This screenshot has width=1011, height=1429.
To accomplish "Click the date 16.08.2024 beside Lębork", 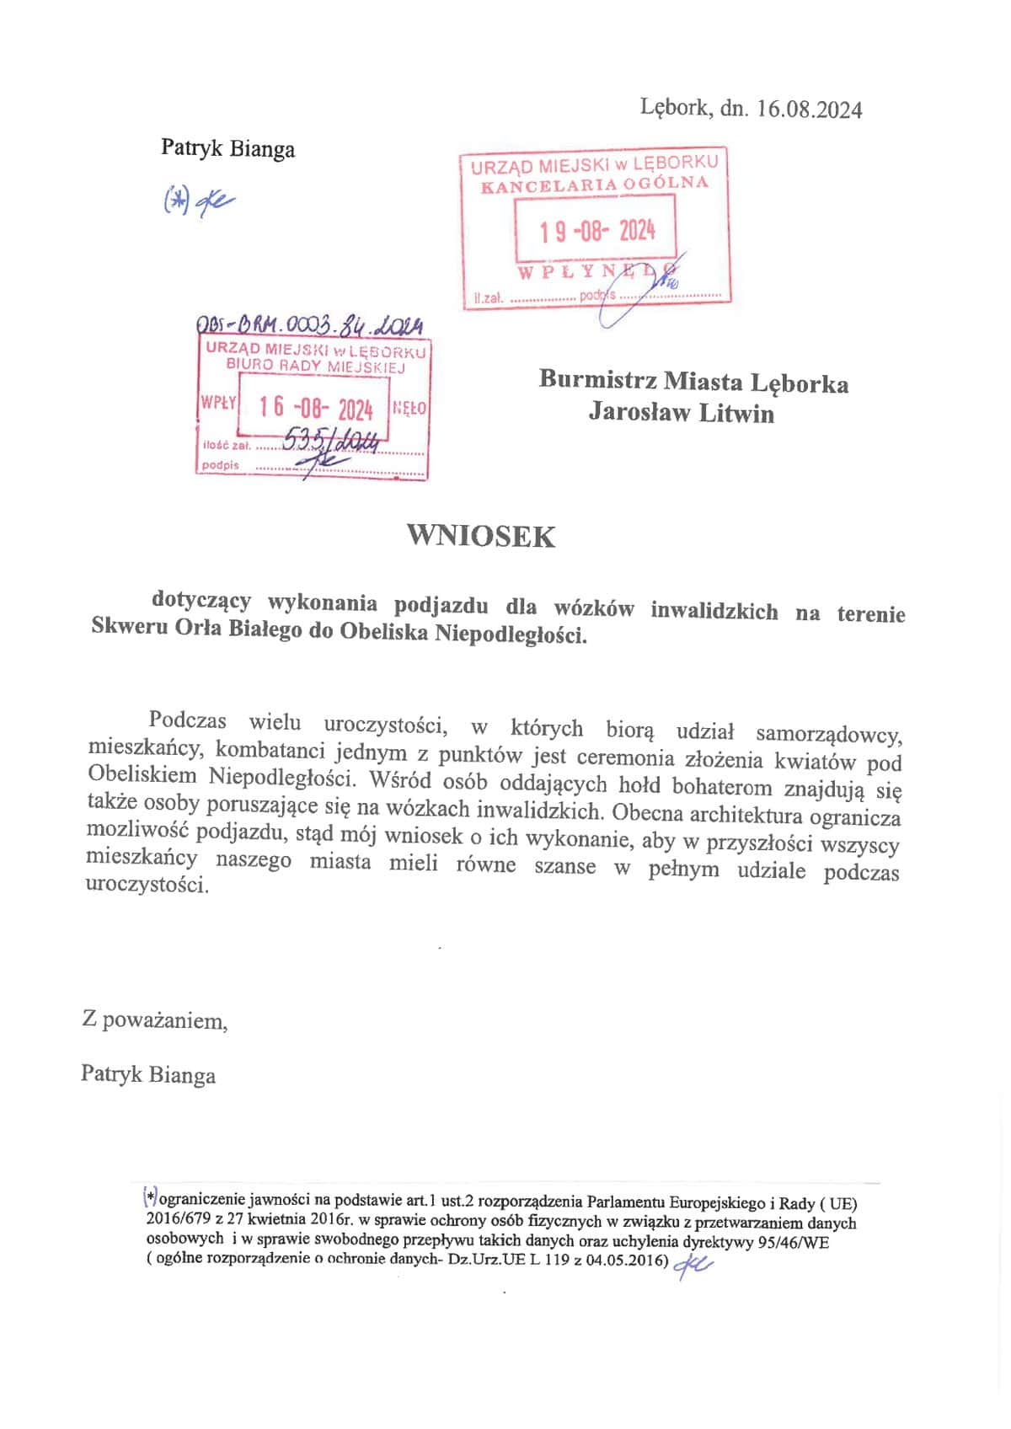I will point(809,110).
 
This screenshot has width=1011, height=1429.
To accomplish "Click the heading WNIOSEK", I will point(481,537).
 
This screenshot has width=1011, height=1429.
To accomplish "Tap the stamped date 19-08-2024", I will point(597,230).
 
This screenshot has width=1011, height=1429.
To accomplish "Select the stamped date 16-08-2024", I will point(316,409).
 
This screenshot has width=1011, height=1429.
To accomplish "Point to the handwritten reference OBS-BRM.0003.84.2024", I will point(308,324).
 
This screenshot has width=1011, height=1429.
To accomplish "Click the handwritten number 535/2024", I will point(333,439).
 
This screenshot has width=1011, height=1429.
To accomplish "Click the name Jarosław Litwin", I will point(681,413).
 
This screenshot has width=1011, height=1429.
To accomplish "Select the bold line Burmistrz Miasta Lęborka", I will point(693,383).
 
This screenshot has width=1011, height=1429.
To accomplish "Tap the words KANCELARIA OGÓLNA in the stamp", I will point(594,185).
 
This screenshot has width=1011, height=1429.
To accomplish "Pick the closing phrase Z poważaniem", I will point(154,1020).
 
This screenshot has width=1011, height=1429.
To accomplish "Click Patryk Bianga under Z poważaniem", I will point(148,1074).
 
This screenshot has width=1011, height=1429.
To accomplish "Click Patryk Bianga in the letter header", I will point(227,149).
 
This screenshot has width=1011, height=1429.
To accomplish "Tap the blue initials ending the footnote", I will point(693,1264).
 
